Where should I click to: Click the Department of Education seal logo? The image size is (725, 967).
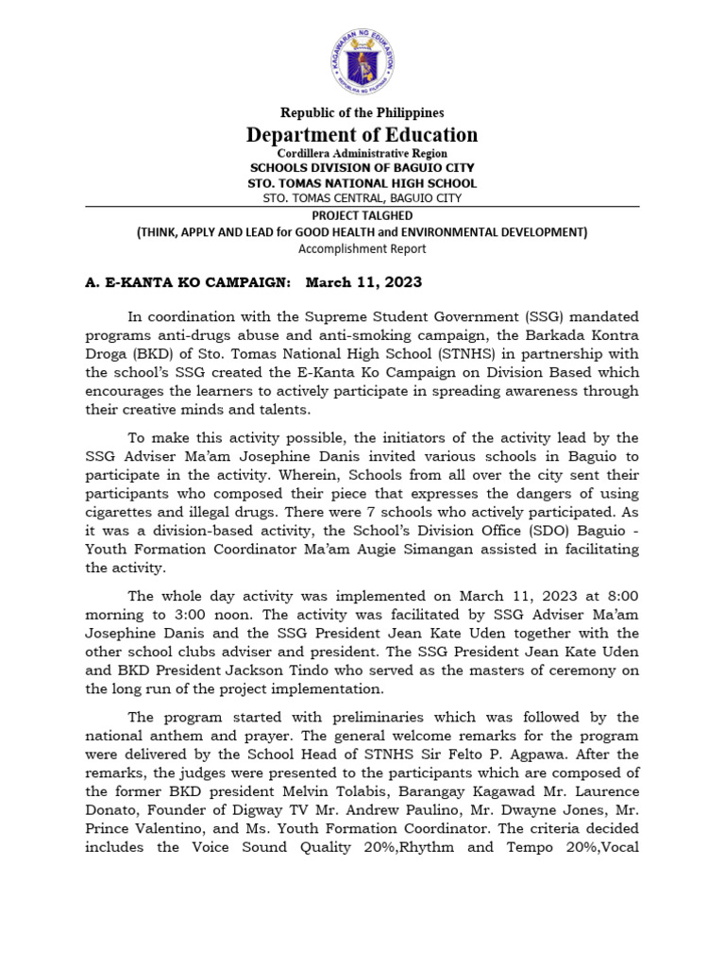click(x=362, y=62)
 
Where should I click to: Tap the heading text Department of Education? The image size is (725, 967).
click(x=362, y=134)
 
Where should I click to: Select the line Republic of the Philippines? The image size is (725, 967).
click(x=362, y=113)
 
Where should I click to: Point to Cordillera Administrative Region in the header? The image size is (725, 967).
click(x=362, y=153)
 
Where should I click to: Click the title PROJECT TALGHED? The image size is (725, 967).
click(x=362, y=215)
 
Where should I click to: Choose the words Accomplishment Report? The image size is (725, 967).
click(x=362, y=248)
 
